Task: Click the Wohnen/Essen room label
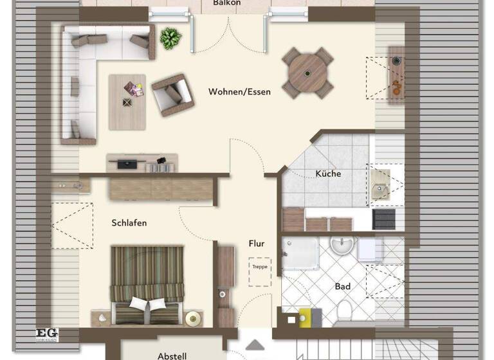click(239, 92)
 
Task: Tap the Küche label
click(328, 174)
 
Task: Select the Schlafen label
click(129, 223)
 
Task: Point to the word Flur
click(257, 244)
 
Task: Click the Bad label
click(342, 286)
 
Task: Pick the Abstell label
click(172, 355)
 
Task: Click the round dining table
click(308, 73)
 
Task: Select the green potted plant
click(170, 38)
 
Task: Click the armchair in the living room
click(172, 94)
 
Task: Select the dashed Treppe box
click(259, 266)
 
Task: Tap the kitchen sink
click(380, 182)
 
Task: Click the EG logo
click(47, 334)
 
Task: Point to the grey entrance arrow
click(255, 345)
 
